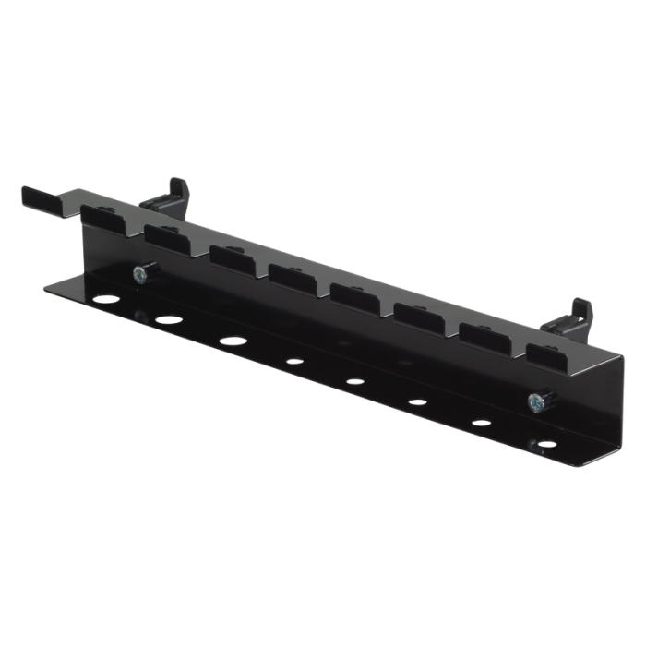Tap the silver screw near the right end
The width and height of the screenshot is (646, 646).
tap(534, 401)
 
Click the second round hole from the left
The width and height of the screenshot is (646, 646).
tap(168, 318)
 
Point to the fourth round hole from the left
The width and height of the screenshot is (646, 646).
tap(294, 361)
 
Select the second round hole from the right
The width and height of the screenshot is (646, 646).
tap(480, 422)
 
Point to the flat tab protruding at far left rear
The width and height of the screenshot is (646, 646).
tap(42, 197)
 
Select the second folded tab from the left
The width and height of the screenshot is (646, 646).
tap(166, 238)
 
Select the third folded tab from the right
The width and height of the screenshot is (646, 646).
tap(420, 316)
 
